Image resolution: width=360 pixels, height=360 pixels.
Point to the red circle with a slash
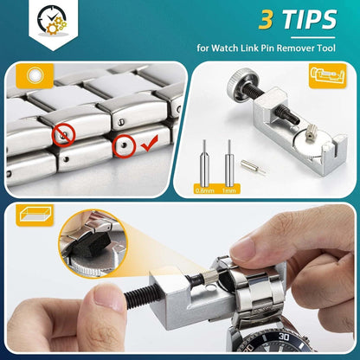[62, 133]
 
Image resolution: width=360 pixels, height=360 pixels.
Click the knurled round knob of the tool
[235, 90]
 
